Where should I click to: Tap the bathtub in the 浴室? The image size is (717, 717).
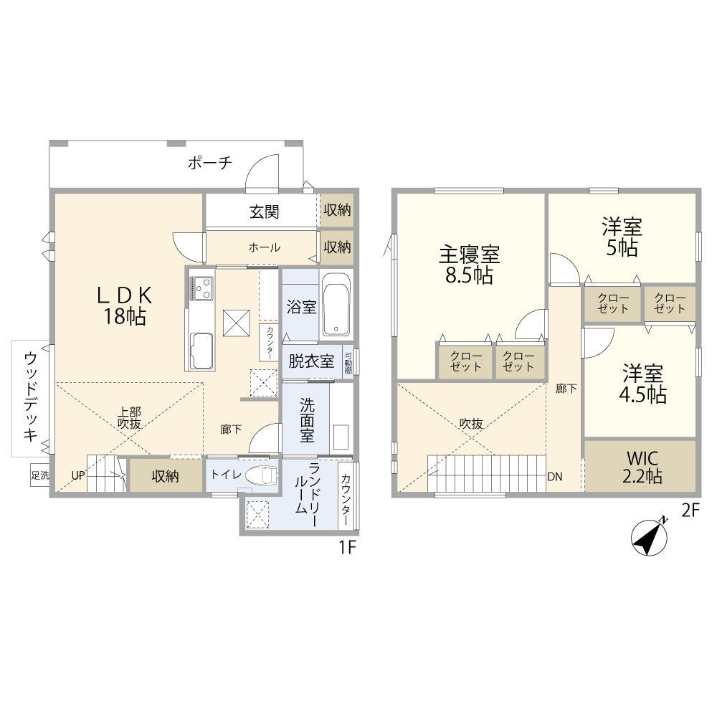pos(336,305)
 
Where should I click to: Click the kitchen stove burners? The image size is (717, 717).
pos(201,288)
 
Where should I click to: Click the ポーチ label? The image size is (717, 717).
pos(210,162)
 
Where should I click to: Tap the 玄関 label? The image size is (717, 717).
pos(265,212)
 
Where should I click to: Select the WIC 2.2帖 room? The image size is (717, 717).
pos(640,466)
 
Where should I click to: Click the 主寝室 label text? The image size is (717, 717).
pos(469,255)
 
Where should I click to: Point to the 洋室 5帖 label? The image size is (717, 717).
pos(622,237)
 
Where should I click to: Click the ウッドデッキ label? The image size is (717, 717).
pos(30,396)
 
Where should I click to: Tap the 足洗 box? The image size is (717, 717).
pos(39,475)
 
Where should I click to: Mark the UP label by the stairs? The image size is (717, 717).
pos(78,475)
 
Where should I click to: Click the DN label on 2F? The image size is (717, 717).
pos(555,477)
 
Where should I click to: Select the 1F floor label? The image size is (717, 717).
pos(347,547)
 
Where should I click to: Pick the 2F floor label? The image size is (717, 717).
pos(690,511)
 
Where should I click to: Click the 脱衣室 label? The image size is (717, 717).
pos(311,361)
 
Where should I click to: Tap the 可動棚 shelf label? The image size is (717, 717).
pos(348,363)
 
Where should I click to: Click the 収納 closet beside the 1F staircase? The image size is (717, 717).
pos(166,475)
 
